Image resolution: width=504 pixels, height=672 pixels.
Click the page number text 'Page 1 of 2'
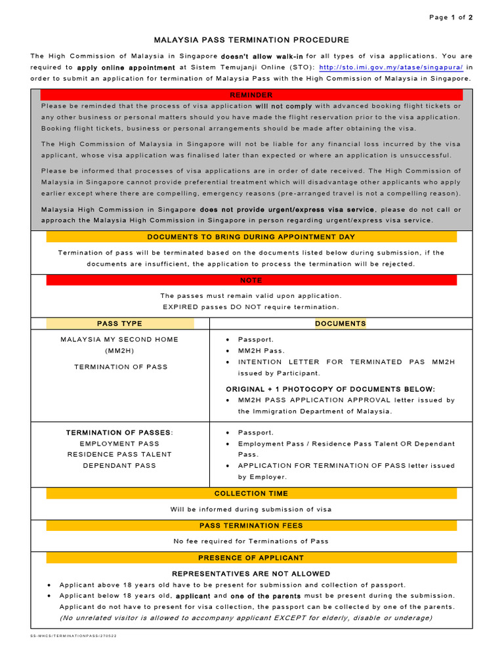[x=450, y=18]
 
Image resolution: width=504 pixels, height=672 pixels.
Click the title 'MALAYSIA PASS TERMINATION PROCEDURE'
[x=251, y=40]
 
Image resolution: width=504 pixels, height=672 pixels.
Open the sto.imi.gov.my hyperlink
[x=391, y=67]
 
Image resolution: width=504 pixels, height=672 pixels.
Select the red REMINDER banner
[x=251, y=96]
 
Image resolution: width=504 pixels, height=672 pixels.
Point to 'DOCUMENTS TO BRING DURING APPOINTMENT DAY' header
[x=251, y=236]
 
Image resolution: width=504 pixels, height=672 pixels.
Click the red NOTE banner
[x=251, y=280]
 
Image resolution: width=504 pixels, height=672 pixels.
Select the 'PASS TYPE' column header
[x=119, y=324]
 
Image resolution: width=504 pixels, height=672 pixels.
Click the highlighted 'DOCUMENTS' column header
[x=341, y=324]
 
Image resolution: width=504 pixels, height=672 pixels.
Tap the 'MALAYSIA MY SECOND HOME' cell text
[x=119, y=340]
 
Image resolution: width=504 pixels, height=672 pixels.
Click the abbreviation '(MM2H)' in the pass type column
[x=119, y=351]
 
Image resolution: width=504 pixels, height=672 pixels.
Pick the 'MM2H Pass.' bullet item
[x=261, y=351]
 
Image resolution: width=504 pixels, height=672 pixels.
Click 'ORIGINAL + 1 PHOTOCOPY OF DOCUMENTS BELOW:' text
[x=330, y=389]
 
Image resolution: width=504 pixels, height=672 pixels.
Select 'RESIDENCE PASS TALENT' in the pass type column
[x=119, y=454]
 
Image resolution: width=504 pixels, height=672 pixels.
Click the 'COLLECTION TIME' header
[x=251, y=493]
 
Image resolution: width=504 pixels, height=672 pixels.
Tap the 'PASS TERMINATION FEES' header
[x=251, y=526]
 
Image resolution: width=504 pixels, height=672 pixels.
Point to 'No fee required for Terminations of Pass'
[x=251, y=541]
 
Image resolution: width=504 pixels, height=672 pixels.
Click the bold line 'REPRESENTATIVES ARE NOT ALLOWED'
[x=251, y=574]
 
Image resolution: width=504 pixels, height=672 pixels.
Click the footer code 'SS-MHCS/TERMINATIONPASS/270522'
[x=73, y=636]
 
